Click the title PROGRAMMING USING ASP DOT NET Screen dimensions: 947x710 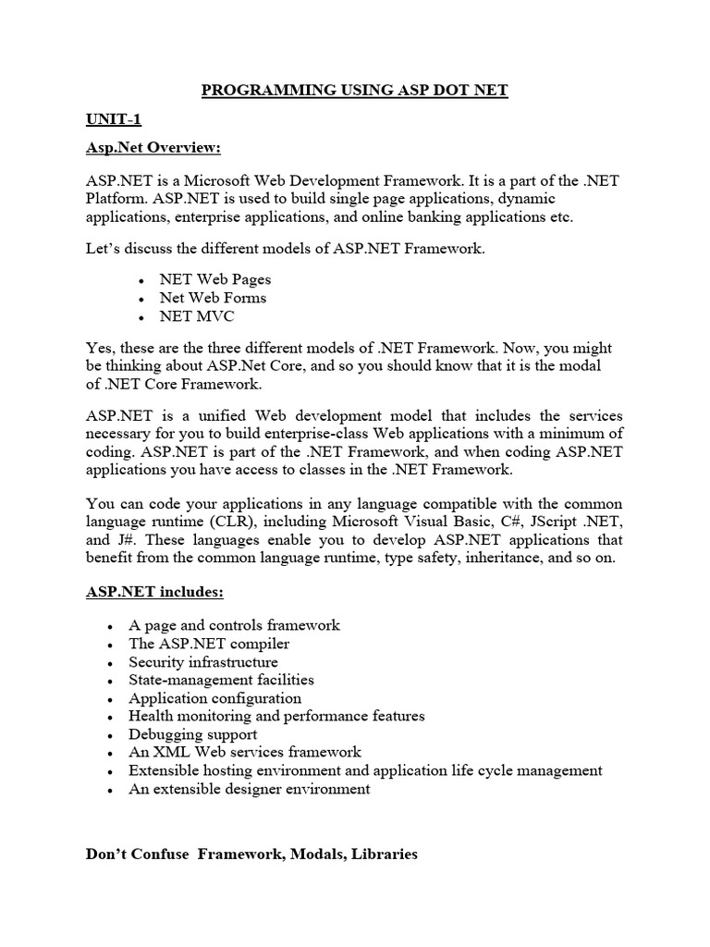tap(355, 90)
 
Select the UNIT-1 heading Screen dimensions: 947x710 tap(114, 120)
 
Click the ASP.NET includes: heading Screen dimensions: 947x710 tap(154, 591)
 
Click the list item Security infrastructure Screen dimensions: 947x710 tap(202, 662)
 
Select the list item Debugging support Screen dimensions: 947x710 tap(192, 734)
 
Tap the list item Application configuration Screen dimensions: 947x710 tap(214, 698)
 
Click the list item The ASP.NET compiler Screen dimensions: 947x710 tap(209, 644)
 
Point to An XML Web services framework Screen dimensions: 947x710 tap(245, 752)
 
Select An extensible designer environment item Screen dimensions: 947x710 tap(250, 789)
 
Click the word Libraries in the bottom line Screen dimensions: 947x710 tap(378, 855)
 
